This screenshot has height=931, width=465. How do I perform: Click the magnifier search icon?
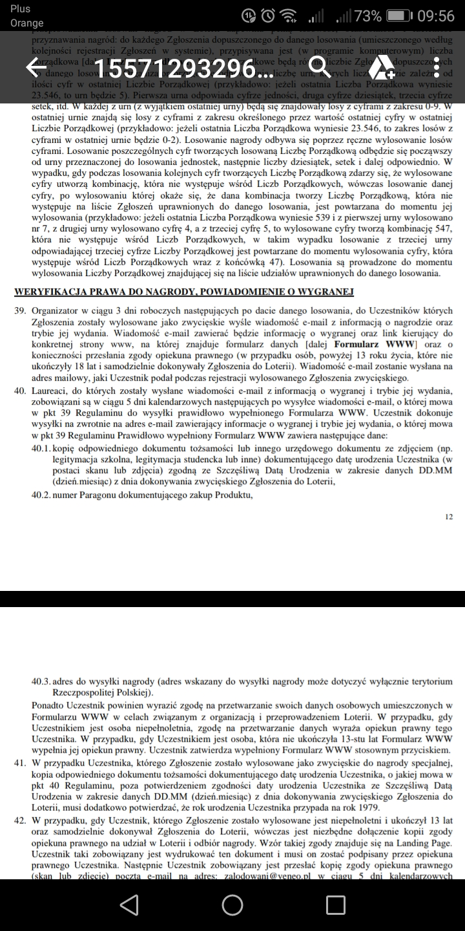coord(320,67)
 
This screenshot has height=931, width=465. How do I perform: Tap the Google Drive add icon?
coord(382,67)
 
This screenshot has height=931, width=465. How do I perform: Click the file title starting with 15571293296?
coord(183,68)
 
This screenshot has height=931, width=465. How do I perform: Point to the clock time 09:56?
coord(436,16)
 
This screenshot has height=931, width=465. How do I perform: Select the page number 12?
coord(449,517)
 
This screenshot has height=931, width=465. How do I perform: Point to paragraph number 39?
coord(20,310)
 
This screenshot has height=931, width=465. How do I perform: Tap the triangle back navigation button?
coord(129,904)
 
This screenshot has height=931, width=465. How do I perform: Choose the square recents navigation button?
coord(335,904)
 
